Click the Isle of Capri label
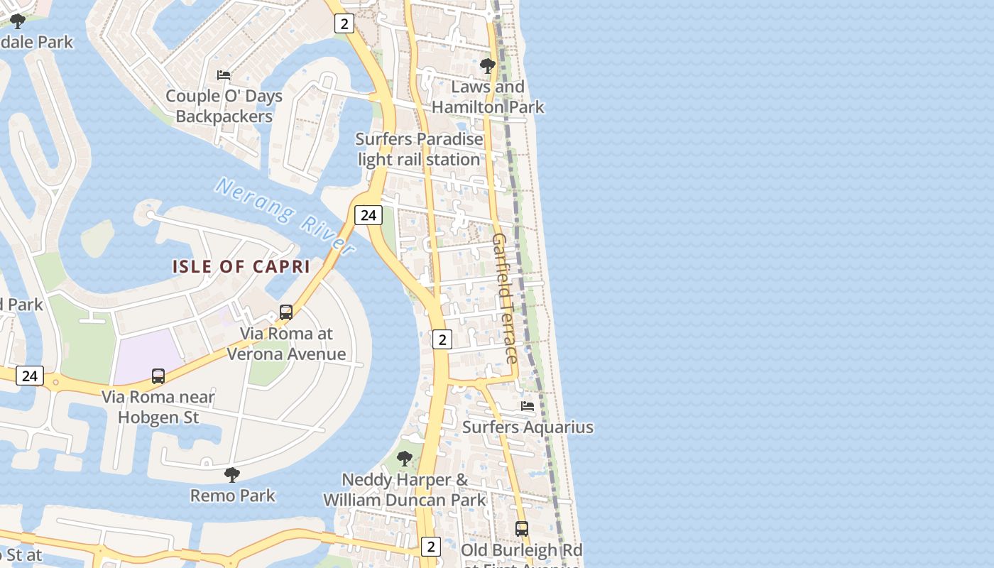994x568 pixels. coord(241,267)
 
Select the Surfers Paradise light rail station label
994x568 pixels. coord(419,149)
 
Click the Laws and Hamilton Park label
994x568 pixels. coord(488,97)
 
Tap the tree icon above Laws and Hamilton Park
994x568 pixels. coord(487,66)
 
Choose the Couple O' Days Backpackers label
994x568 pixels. coord(224,106)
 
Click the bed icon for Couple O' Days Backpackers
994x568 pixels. coord(224,75)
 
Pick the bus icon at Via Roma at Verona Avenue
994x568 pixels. coord(286,312)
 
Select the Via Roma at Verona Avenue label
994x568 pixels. coord(286,344)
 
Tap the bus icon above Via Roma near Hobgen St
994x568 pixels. coord(158,376)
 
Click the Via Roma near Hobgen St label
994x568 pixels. coord(158,407)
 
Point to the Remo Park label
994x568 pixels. coord(232,496)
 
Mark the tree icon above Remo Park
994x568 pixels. coord(231,474)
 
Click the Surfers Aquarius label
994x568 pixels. coord(528,427)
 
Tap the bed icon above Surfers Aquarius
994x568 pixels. coord(528,406)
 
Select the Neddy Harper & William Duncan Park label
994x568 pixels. coord(405,490)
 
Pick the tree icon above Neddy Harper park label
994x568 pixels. coord(405,458)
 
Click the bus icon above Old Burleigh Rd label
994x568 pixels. coord(522,529)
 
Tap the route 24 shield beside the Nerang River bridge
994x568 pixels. coord(368,215)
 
